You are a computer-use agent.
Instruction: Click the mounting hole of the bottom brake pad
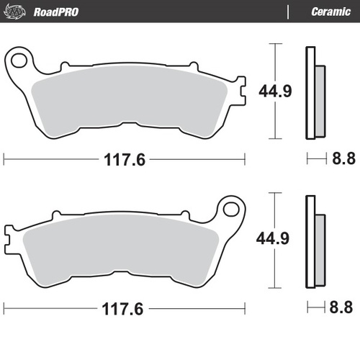point(231,210)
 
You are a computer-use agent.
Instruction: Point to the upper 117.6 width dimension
point(125,160)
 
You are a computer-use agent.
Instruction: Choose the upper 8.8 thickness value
point(341,160)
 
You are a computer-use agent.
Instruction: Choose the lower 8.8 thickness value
point(341,309)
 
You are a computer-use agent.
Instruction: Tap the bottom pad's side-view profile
point(312,242)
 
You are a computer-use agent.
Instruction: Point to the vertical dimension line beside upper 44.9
point(274,58)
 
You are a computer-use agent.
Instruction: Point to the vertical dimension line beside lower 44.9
point(274,209)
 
